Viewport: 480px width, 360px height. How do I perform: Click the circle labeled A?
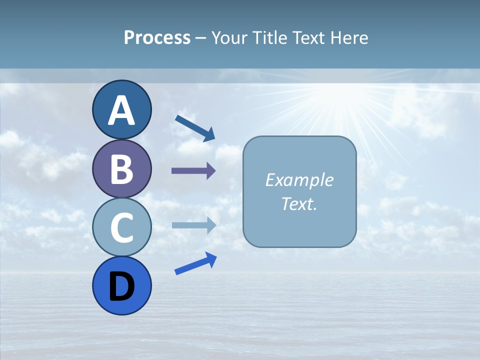[x=121, y=109]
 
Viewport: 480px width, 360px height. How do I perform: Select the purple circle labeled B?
[x=121, y=168]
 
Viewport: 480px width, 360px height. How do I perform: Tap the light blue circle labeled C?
[x=121, y=227]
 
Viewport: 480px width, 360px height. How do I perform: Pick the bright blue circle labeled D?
[x=121, y=285]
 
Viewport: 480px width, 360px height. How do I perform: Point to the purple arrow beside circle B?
[x=193, y=171]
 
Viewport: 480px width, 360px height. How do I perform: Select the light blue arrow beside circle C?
[x=193, y=225]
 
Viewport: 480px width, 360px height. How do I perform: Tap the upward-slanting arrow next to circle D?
[x=195, y=263]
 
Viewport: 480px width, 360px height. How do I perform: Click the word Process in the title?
[x=157, y=37]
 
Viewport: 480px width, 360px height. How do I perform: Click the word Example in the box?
[x=299, y=180]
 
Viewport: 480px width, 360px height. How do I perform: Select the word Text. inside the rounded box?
[x=299, y=203]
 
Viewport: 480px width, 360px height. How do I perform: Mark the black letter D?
[x=121, y=286]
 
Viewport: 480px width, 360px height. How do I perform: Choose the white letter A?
[x=121, y=110]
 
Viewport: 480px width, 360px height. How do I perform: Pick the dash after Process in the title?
[x=201, y=38]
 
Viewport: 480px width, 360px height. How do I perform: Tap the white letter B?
[x=121, y=169]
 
